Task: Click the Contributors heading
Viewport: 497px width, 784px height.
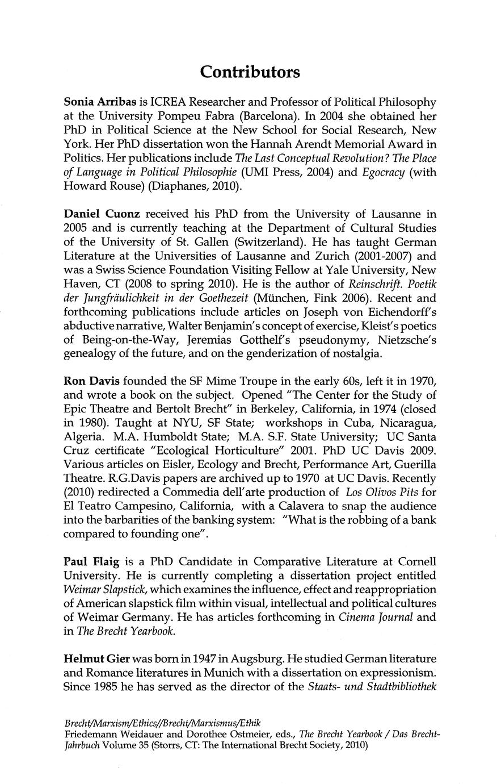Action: [x=250, y=73]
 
